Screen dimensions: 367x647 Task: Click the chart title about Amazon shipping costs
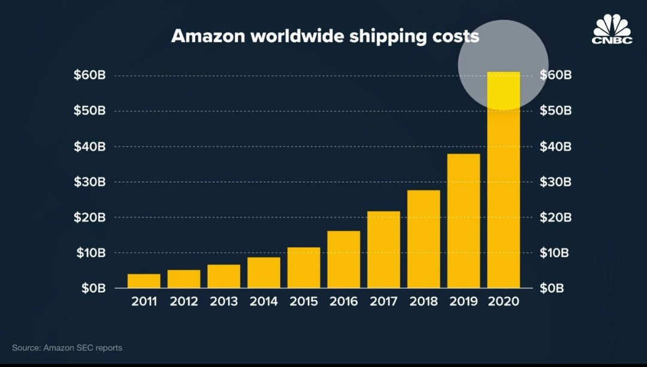[325, 36]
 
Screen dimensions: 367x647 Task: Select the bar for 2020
[503, 180]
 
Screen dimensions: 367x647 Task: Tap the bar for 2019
[463, 221]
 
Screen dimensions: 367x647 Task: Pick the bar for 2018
[424, 239]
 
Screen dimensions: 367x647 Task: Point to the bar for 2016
[344, 259]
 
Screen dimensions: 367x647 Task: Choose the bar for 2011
[144, 281]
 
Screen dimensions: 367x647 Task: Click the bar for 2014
[264, 272]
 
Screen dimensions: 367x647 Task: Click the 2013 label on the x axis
[223, 302]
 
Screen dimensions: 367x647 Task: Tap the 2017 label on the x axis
[383, 302]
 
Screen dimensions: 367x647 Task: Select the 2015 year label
[304, 302]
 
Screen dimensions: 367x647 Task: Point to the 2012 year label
[184, 302]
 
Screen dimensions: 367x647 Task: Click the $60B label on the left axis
[89, 75]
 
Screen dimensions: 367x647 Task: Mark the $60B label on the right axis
[556, 75]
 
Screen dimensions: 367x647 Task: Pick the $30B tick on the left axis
[89, 182]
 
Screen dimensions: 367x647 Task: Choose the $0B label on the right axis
[552, 288]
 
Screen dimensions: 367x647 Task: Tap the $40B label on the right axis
[556, 147]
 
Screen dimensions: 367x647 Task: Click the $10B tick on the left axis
[89, 253]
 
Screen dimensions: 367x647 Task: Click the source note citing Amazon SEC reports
[67, 348]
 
